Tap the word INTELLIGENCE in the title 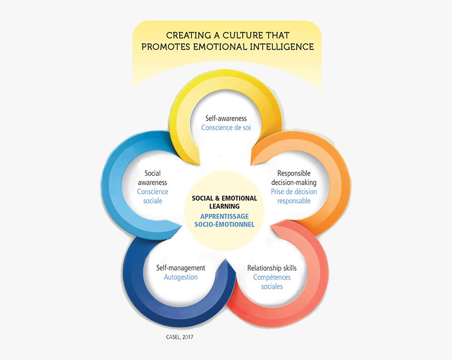pyautogui.click(x=280, y=47)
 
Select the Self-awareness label pyautogui.click(x=226, y=118)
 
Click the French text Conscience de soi pyautogui.click(x=226, y=128)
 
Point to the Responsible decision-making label pyautogui.click(x=294, y=178)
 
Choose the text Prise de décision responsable pyautogui.click(x=294, y=196)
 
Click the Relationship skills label pyautogui.click(x=272, y=268)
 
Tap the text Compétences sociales pyautogui.click(x=272, y=282)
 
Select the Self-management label pyautogui.click(x=181, y=268)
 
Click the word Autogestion pyautogui.click(x=181, y=277)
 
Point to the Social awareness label pyautogui.click(x=153, y=178)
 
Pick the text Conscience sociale pyautogui.click(x=153, y=196)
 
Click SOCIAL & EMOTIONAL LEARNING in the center pyautogui.click(x=224, y=202)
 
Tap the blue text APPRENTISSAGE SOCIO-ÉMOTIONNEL pyautogui.click(x=224, y=220)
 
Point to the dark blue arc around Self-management pyautogui.click(x=146, y=296)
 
